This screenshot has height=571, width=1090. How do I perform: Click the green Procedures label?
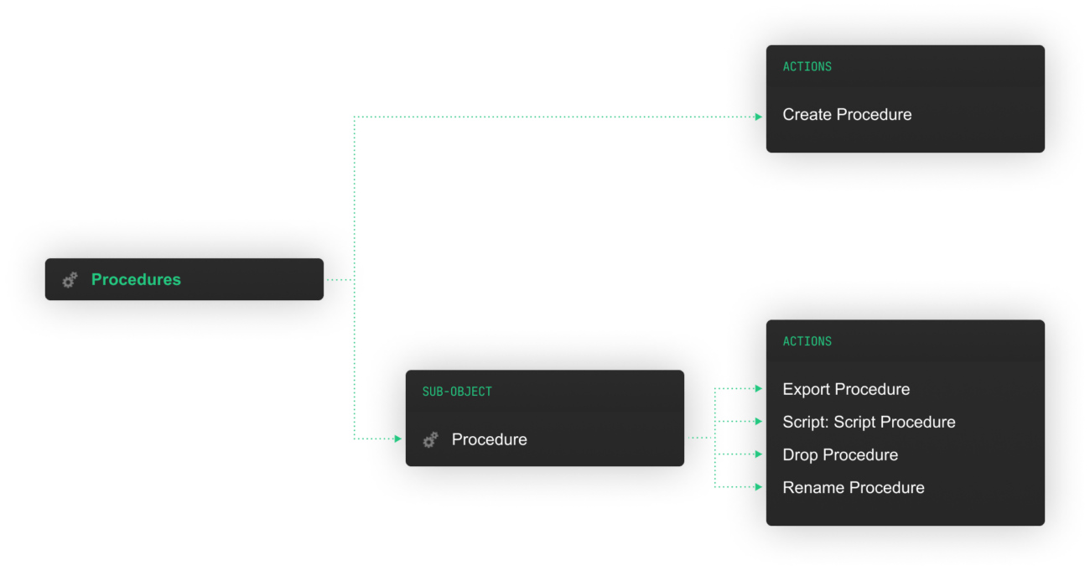tap(136, 279)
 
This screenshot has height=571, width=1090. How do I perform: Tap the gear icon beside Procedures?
tap(70, 280)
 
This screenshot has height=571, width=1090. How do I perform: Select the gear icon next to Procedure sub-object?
tap(430, 439)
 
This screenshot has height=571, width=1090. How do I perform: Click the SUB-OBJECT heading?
tap(457, 392)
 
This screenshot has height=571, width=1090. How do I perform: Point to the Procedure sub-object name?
tap(489, 439)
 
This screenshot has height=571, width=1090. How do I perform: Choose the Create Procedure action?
tap(847, 115)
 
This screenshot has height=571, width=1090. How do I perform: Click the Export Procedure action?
tap(846, 389)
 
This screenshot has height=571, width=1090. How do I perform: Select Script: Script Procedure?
tap(869, 422)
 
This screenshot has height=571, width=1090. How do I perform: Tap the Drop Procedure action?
tap(840, 454)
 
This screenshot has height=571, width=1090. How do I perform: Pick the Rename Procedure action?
tap(854, 487)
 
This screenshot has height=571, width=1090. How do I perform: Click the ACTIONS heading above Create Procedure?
tap(807, 66)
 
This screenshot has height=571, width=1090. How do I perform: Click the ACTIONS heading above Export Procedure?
tap(807, 341)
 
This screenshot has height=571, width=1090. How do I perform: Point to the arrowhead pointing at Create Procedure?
tap(758, 117)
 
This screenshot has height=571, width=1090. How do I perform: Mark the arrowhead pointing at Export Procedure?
tap(758, 389)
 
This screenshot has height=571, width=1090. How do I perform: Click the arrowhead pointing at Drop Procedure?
tap(758, 454)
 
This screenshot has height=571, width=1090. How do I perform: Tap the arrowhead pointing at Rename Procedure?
tap(758, 487)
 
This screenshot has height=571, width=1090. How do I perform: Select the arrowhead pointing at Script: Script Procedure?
tap(758, 422)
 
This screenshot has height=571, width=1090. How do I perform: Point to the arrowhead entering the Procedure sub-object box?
tap(397, 439)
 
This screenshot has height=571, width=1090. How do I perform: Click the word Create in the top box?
tap(807, 115)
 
